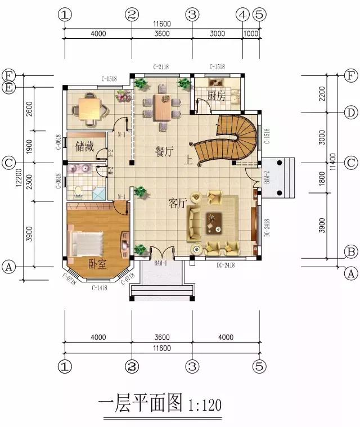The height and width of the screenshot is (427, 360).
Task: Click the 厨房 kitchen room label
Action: (216, 96)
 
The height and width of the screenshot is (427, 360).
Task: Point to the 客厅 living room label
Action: (177, 204)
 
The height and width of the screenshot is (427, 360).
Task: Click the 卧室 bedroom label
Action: (97, 264)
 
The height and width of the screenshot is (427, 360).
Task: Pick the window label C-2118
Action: (161, 67)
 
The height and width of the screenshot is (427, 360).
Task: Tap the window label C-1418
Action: (101, 287)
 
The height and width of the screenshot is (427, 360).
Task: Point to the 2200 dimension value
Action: (321, 93)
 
